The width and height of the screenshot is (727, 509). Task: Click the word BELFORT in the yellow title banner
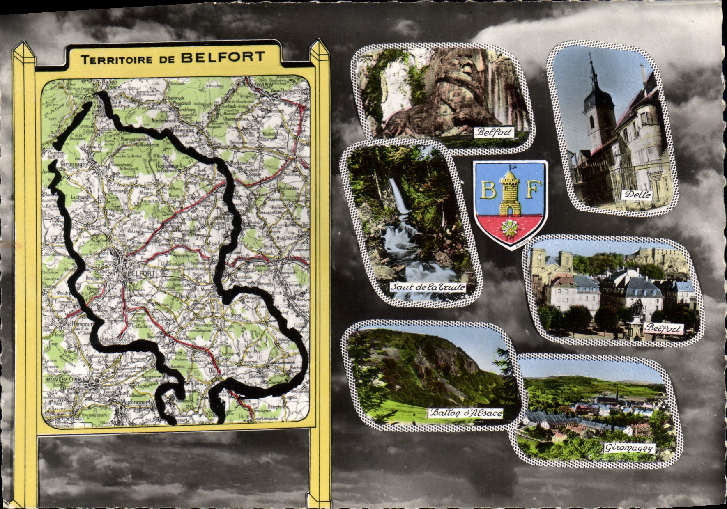tap(222, 57)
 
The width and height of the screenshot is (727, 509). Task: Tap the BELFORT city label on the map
tap(141, 273)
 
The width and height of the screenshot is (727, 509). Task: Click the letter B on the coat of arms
tap(488, 190)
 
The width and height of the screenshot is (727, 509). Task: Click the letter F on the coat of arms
tap(531, 190)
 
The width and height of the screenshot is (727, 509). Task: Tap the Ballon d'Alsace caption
tap(465, 413)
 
